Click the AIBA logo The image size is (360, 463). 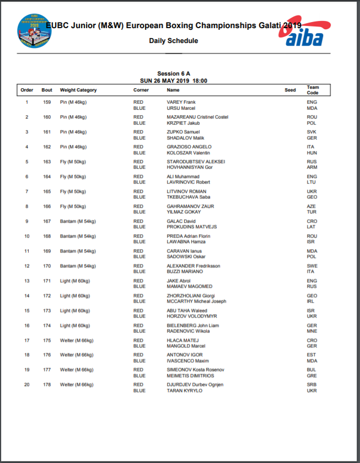(x=308, y=33)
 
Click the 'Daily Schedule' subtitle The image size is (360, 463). (x=173, y=41)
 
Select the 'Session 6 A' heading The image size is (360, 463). (x=173, y=74)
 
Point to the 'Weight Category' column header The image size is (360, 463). (x=78, y=90)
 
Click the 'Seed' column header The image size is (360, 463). (x=290, y=90)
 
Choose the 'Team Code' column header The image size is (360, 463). (x=313, y=90)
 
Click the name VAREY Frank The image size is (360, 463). (x=181, y=102)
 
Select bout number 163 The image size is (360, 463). (x=47, y=161)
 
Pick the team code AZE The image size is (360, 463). (x=312, y=206)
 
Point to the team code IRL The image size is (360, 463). (x=311, y=301)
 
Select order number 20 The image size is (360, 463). (x=27, y=385)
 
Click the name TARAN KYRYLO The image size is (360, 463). (x=184, y=390)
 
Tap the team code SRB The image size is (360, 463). (x=312, y=385)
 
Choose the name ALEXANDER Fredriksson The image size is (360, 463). (x=194, y=266)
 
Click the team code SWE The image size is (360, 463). (x=312, y=266)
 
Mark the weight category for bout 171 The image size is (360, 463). (x=75, y=281)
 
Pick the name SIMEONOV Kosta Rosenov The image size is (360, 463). (x=194, y=370)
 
